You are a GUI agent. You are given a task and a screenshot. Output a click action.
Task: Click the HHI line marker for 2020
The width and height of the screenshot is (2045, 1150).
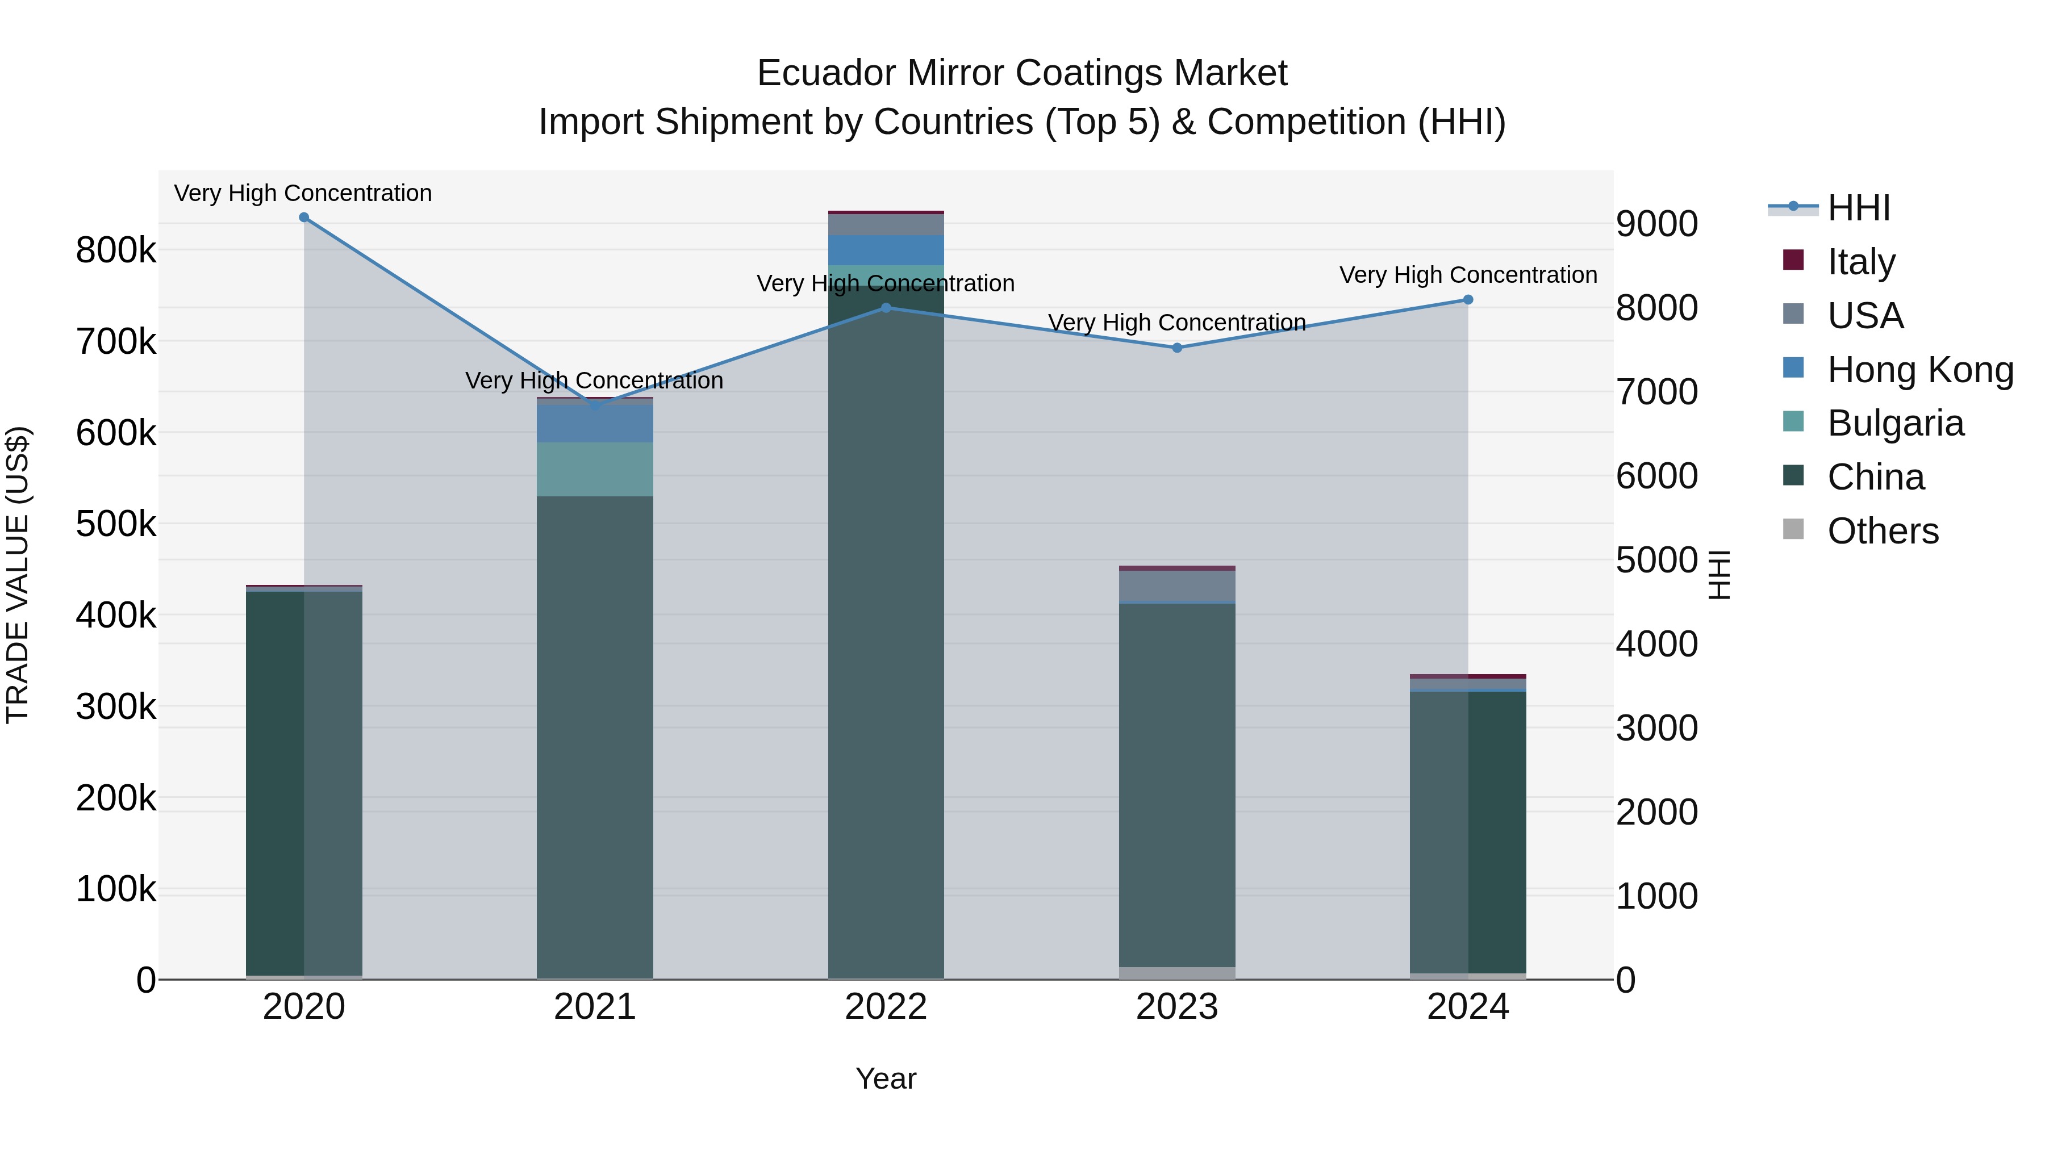[x=304, y=218]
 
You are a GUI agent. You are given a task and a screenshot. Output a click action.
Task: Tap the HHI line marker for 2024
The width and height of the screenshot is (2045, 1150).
[x=1468, y=300]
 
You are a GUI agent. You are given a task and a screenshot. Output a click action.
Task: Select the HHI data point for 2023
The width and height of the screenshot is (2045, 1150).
[x=1178, y=348]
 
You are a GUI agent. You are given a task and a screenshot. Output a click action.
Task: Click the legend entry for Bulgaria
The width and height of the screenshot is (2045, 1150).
[x=1895, y=424]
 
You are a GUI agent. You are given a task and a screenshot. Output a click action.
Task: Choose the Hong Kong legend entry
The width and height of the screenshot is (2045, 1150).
[x=1919, y=370]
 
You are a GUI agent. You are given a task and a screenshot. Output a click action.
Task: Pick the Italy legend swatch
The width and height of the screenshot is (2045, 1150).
[x=1793, y=260]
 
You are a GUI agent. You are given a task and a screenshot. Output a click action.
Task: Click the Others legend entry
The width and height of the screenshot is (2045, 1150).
[x=1883, y=531]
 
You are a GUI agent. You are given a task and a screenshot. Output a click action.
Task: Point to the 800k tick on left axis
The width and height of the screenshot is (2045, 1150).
[x=116, y=251]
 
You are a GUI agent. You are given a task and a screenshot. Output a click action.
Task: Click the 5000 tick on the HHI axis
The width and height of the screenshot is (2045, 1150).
[x=1657, y=561]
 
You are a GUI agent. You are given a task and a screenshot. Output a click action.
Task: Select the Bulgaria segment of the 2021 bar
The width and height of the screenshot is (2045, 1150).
[x=595, y=469]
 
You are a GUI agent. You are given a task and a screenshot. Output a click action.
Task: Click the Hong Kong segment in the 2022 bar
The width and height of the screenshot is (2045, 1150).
[x=886, y=249]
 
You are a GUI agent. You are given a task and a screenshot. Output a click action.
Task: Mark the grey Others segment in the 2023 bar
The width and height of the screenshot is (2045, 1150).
[x=1178, y=973]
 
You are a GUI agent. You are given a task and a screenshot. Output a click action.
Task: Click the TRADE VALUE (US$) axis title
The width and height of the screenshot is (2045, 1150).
[x=18, y=575]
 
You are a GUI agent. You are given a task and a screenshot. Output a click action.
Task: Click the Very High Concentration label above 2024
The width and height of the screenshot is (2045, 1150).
[x=1468, y=275]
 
